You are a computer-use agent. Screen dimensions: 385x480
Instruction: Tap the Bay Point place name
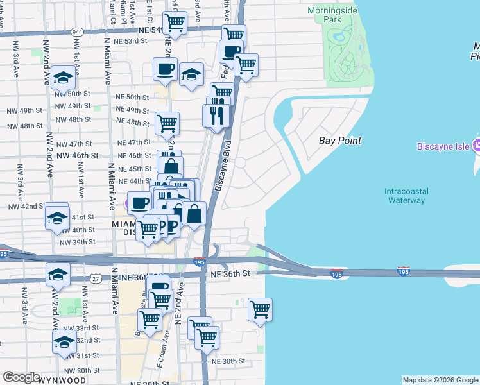[340, 141]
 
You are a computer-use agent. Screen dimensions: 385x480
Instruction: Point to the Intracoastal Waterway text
[406, 196]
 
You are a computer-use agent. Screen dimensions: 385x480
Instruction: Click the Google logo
[22, 377]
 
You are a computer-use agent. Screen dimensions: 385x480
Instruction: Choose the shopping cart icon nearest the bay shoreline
[261, 309]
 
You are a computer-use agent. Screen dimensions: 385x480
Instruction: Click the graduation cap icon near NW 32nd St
[65, 341]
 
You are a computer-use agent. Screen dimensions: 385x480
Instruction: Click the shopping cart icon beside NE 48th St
[167, 122]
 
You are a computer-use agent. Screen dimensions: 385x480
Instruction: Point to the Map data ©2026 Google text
[440, 380]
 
